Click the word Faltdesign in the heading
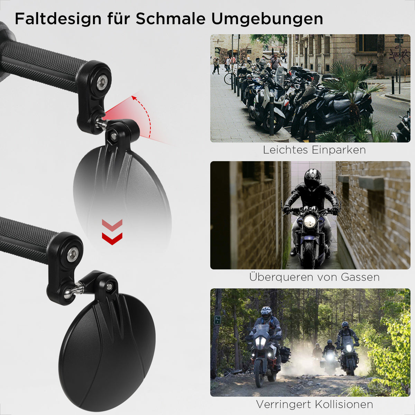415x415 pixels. [58, 19]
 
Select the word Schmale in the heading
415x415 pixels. [170, 19]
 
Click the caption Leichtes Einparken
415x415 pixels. [314, 150]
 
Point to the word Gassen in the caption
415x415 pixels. [360, 277]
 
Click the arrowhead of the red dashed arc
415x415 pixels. [135, 98]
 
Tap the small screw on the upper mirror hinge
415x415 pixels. [113, 136]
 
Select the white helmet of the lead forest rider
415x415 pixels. [266, 314]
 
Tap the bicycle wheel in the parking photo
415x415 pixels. [228, 79]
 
